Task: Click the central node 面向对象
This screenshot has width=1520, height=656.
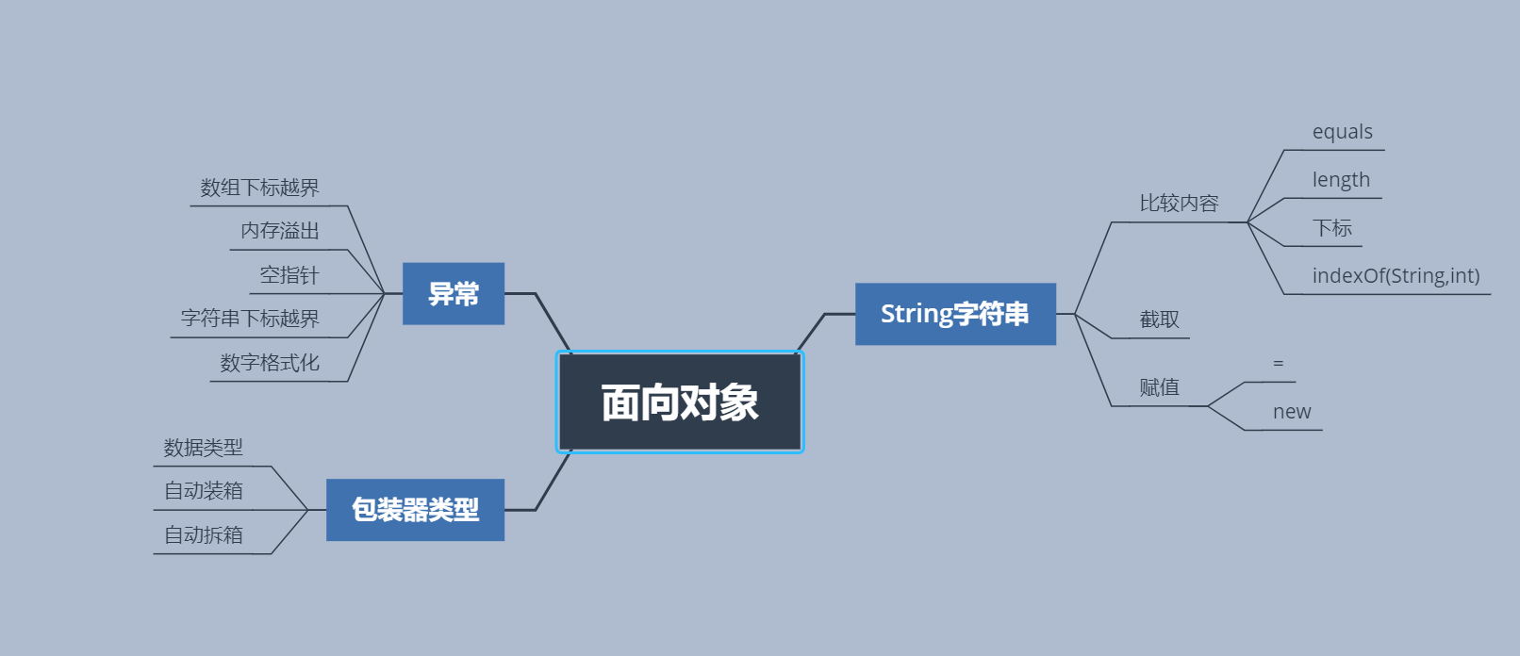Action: [680, 402]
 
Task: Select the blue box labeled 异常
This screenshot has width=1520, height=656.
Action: [454, 294]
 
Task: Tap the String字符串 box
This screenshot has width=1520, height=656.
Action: [955, 314]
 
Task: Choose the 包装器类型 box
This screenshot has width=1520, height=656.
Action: [415, 510]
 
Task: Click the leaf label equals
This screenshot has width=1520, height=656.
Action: [1342, 132]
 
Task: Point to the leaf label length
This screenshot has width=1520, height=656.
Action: [1341, 180]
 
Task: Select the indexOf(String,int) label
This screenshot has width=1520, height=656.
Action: [1396, 276]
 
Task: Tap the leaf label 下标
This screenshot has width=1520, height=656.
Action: [1332, 228]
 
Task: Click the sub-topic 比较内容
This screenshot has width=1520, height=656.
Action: [1179, 204]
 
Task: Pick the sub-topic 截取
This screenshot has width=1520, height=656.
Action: [1159, 320]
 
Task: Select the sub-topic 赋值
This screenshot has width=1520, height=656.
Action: [1159, 387]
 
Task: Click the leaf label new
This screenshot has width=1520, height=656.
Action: [1292, 412]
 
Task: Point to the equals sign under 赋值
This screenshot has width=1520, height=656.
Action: [1279, 364]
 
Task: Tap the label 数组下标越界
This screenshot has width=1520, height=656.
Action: [259, 188]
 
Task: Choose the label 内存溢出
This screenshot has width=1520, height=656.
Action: [280, 231]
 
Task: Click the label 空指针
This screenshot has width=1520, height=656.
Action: [289, 275]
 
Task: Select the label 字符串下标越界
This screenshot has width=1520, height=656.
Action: [250, 319]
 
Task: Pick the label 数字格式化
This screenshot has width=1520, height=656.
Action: [270, 363]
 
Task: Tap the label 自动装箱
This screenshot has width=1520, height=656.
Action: [204, 491]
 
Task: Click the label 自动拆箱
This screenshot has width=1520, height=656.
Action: [204, 535]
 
